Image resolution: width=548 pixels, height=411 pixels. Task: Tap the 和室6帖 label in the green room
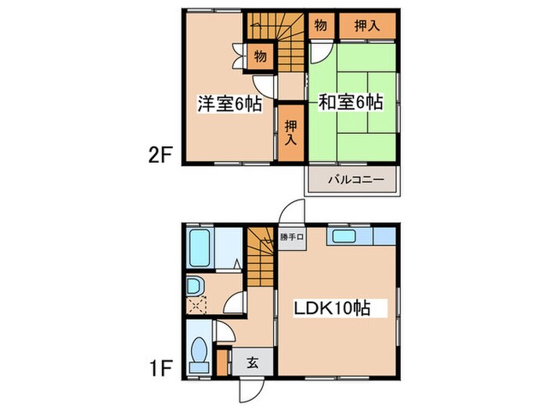[x=350, y=103]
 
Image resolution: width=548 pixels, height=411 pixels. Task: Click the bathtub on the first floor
[x=200, y=249]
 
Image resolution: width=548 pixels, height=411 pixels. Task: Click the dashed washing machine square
[x=195, y=305]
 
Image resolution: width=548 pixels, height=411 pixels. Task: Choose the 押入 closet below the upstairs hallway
[x=290, y=132]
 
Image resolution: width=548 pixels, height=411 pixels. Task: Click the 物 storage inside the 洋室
[x=260, y=56]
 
